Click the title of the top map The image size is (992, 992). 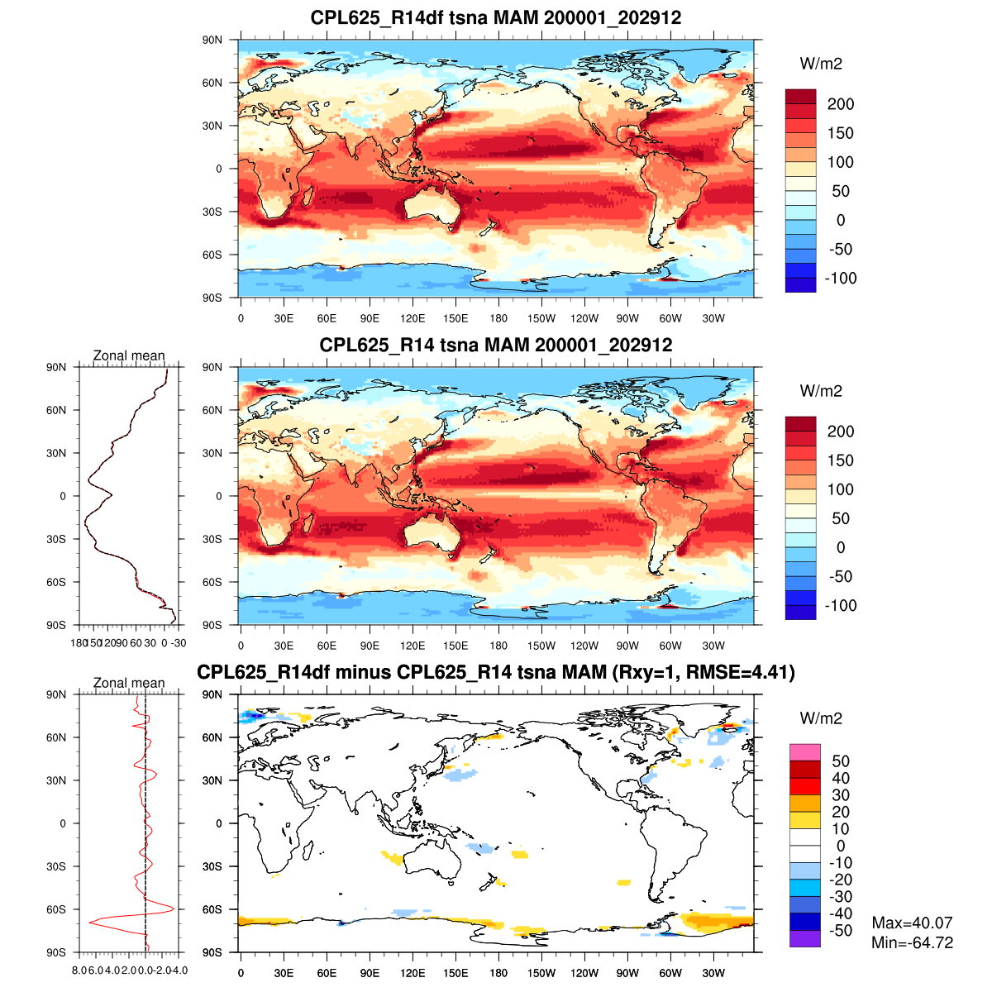496,17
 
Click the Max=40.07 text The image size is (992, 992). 912,923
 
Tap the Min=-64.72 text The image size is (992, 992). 912,942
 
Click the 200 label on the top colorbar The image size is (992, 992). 841,104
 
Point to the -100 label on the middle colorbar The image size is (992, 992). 841,605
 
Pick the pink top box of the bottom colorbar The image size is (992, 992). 804,752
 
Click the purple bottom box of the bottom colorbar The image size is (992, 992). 804,938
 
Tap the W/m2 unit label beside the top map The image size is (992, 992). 821,64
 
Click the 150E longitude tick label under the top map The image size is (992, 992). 455,318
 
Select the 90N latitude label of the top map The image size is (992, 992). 212,40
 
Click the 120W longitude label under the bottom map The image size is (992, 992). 584,973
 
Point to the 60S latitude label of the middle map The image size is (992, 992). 212,582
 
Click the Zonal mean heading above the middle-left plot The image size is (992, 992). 129,355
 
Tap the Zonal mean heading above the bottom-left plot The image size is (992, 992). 129,683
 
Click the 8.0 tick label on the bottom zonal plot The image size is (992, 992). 80,971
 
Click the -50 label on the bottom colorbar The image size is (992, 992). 841,931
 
